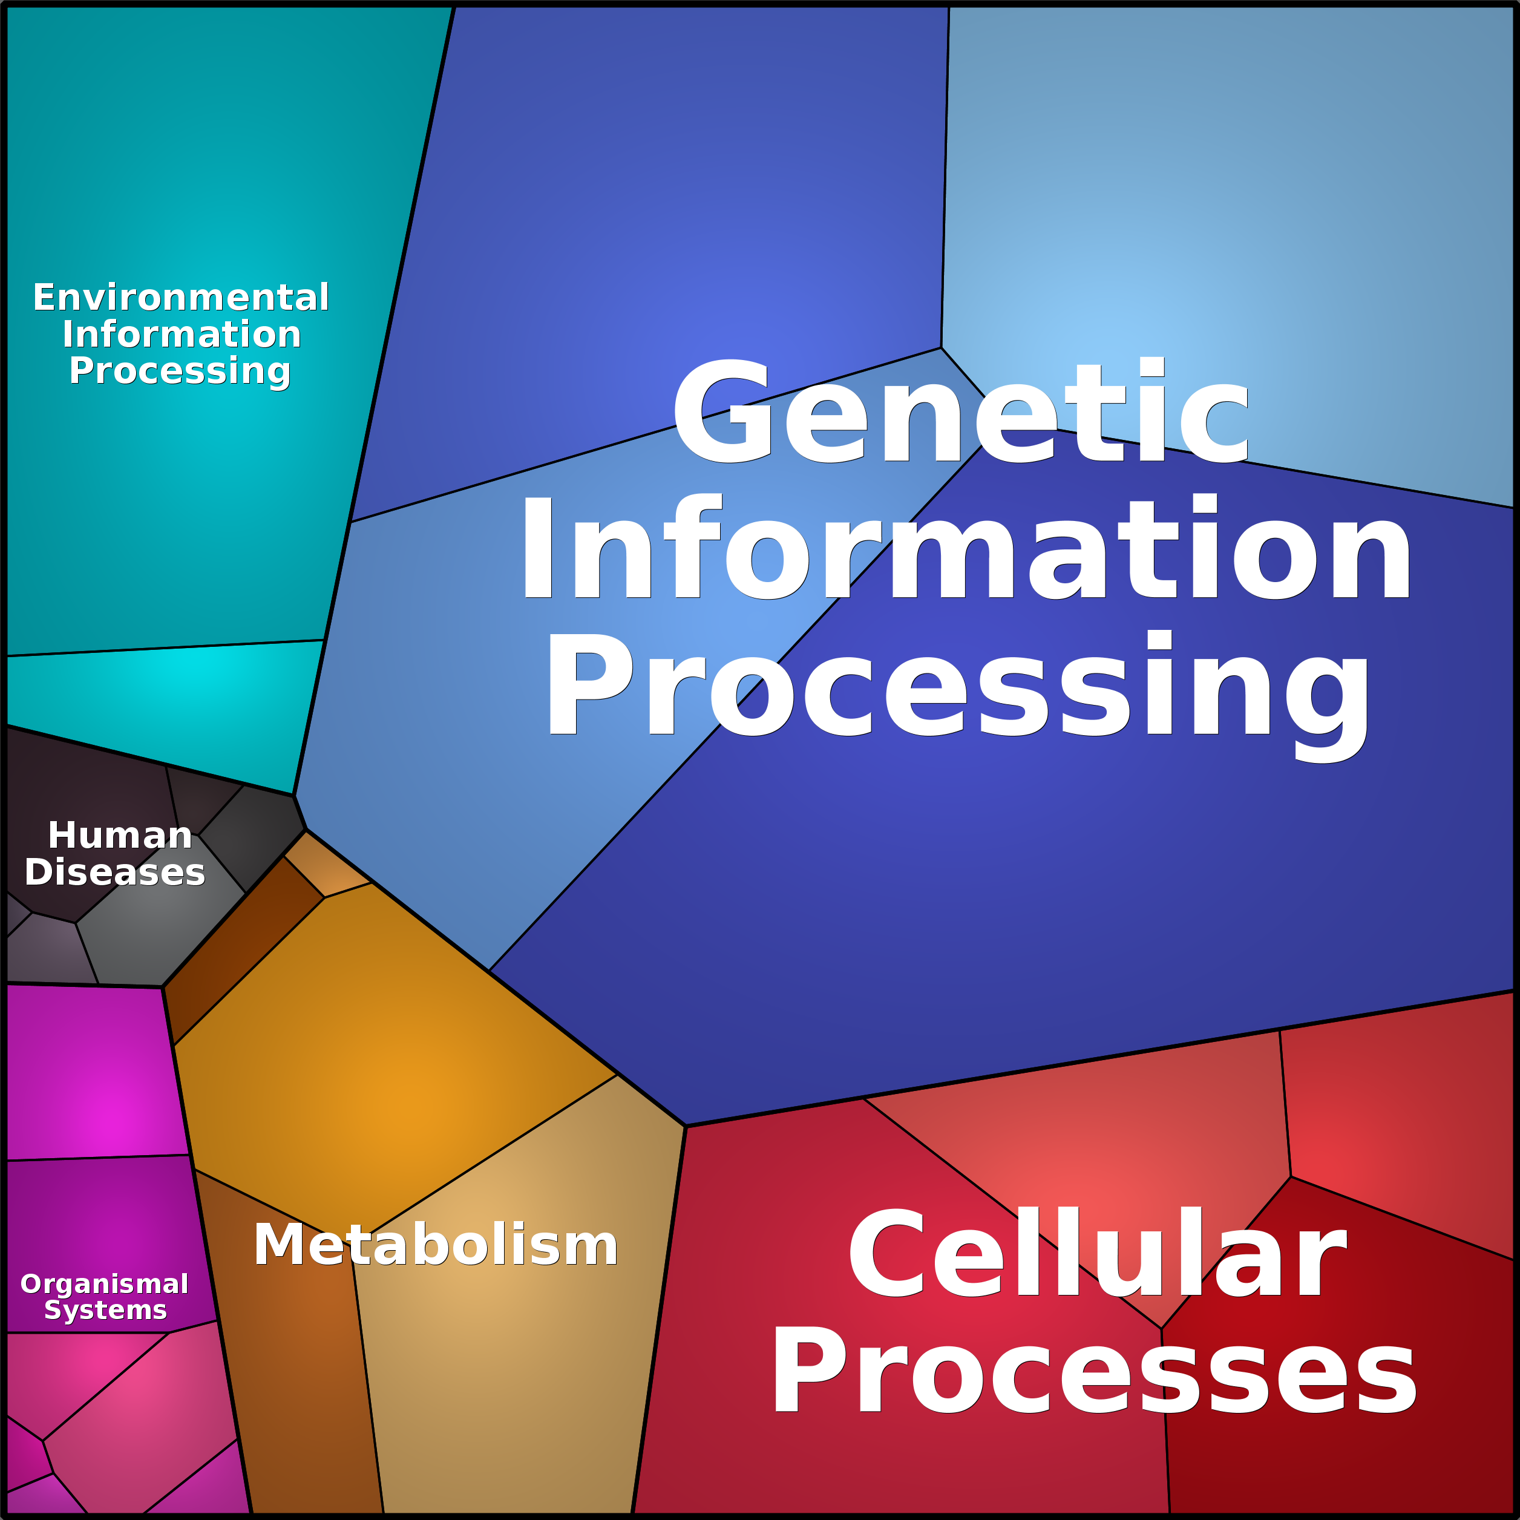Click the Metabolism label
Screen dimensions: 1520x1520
[435, 1245]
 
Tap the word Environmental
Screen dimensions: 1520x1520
[181, 297]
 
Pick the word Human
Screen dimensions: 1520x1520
[120, 836]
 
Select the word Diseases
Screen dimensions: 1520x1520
[115, 873]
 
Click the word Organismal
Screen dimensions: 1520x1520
[104, 1284]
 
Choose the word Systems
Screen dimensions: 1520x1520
[105, 1310]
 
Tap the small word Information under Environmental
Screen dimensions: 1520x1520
[182, 335]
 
